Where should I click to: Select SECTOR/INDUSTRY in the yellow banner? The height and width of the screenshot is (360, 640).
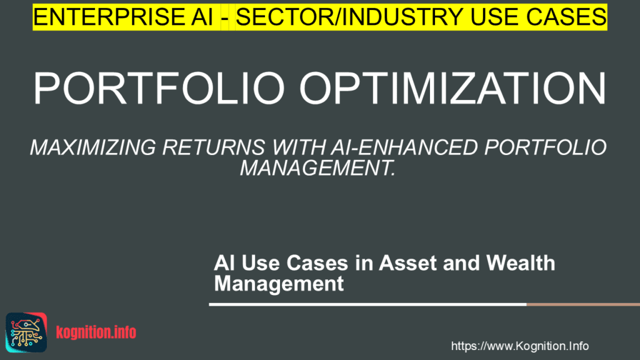pos(349,17)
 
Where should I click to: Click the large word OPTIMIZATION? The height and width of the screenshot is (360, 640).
pos(453,89)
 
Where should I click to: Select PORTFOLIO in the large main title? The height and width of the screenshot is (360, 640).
pos(159,89)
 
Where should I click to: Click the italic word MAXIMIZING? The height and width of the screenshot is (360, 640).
pos(93,147)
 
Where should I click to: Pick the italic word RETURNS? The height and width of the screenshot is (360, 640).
pos(214,147)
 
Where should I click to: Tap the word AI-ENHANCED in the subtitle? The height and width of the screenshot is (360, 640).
pos(404,147)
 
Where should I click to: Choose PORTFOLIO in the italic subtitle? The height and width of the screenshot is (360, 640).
pos(545,147)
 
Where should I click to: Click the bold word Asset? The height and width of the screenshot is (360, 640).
pos(407,263)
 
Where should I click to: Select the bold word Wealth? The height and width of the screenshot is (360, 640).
pos(521,263)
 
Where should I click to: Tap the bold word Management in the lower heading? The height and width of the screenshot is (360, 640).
pos(279,283)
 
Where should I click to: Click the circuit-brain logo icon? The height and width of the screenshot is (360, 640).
pos(26,332)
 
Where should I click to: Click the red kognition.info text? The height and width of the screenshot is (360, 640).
pos(96,332)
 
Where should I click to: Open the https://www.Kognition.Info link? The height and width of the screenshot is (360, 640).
pos(519,346)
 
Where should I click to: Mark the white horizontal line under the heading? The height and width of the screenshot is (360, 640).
pos(367,304)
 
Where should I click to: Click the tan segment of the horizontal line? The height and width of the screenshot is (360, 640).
pos(583,304)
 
